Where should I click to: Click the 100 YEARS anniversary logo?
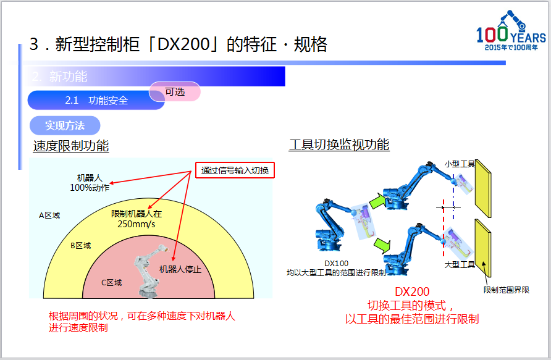pyautogui.click(x=511, y=31)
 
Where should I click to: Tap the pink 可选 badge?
pyautogui.click(x=175, y=91)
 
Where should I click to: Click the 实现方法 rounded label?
pyautogui.click(x=65, y=125)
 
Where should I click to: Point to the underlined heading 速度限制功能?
pyautogui.click(x=71, y=146)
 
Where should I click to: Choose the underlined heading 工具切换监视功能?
pyautogui.click(x=339, y=144)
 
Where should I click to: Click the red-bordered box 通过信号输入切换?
pyautogui.click(x=235, y=170)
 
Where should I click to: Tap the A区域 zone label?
pyautogui.click(x=49, y=216)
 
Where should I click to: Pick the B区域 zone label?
pyautogui.click(x=81, y=246)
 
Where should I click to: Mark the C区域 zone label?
pyautogui.click(x=112, y=283)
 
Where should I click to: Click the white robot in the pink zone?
pyautogui.click(x=150, y=271)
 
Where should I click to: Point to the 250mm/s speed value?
pyautogui.click(x=137, y=224)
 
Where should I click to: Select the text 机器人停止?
pyautogui.click(x=180, y=269)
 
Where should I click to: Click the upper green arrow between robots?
pyautogui.click(x=377, y=201)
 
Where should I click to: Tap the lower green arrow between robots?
pyautogui.click(x=382, y=245)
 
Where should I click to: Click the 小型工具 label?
pyautogui.click(x=460, y=164)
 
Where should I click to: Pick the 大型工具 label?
pyautogui.click(x=460, y=264)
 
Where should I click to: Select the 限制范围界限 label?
pyautogui.click(x=507, y=290)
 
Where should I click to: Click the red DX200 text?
pyautogui.click(x=412, y=291)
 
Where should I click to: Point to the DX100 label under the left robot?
pyautogui.click(x=336, y=264)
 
